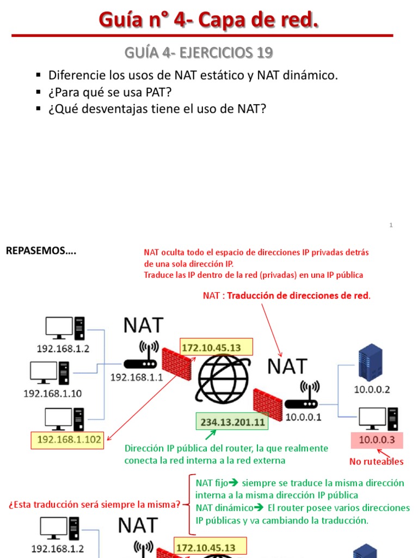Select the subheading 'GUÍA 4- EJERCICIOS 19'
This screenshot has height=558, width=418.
[199, 53]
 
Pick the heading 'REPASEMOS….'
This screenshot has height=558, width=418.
[41, 251]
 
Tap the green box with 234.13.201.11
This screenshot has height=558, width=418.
[232, 422]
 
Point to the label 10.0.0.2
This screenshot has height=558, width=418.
[372, 390]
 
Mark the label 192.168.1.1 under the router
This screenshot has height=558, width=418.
[137, 376]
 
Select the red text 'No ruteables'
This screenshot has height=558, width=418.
[376, 462]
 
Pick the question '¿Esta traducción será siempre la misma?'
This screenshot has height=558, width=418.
[94, 505]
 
